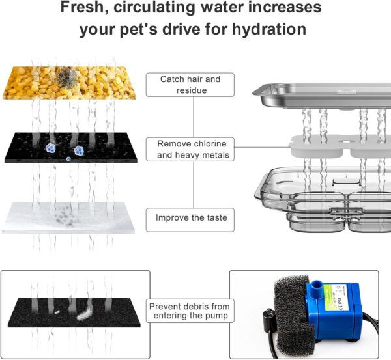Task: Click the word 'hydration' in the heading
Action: [x=269, y=29]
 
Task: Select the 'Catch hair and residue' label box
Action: [x=190, y=85]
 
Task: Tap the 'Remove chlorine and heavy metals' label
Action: [x=190, y=149]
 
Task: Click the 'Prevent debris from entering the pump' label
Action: [x=190, y=311]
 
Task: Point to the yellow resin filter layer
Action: [x=69, y=83]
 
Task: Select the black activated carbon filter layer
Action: [x=71, y=148]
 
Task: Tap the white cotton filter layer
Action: [x=68, y=217]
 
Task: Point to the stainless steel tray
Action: [x=322, y=96]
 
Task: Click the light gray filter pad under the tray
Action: [x=340, y=146]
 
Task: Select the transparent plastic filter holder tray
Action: [x=323, y=199]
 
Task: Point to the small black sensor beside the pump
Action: [x=268, y=316]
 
